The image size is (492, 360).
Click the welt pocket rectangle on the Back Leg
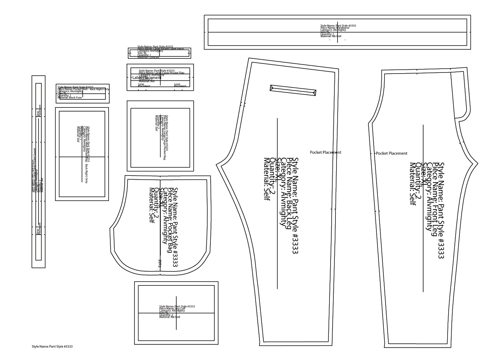[x=293, y=90]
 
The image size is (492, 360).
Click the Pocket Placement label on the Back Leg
[x=325, y=152]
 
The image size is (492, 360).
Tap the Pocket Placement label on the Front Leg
[x=391, y=153]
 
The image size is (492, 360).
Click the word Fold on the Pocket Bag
[x=160, y=264]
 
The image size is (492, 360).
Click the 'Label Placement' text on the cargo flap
[x=147, y=78]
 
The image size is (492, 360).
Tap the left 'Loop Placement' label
[x=141, y=85]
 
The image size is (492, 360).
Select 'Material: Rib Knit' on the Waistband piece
[x=331, y=36]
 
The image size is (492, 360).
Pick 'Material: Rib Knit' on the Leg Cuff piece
[x=169, y=317]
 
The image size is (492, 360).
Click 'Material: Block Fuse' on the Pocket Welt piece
[x=69, y=98]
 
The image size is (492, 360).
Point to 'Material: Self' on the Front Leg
[x=413, y=184]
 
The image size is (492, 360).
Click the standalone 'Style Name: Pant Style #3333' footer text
[x=52, y=347]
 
